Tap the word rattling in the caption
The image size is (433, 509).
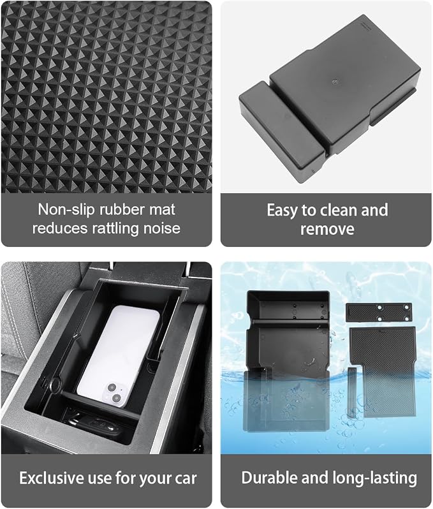[x=115, y=228]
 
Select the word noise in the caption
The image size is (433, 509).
[x=161, y=228]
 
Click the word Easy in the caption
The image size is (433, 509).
[x=282, y=211]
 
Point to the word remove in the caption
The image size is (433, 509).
[x=327, y=229]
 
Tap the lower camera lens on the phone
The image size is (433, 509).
[x=116, y=397]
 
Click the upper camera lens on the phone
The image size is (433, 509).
[x=112, y=388]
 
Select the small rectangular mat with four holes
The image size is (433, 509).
[x=379, y=312]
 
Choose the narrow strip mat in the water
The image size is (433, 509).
[x=351, y=392]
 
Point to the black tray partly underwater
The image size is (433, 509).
[x=287, y=361]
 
